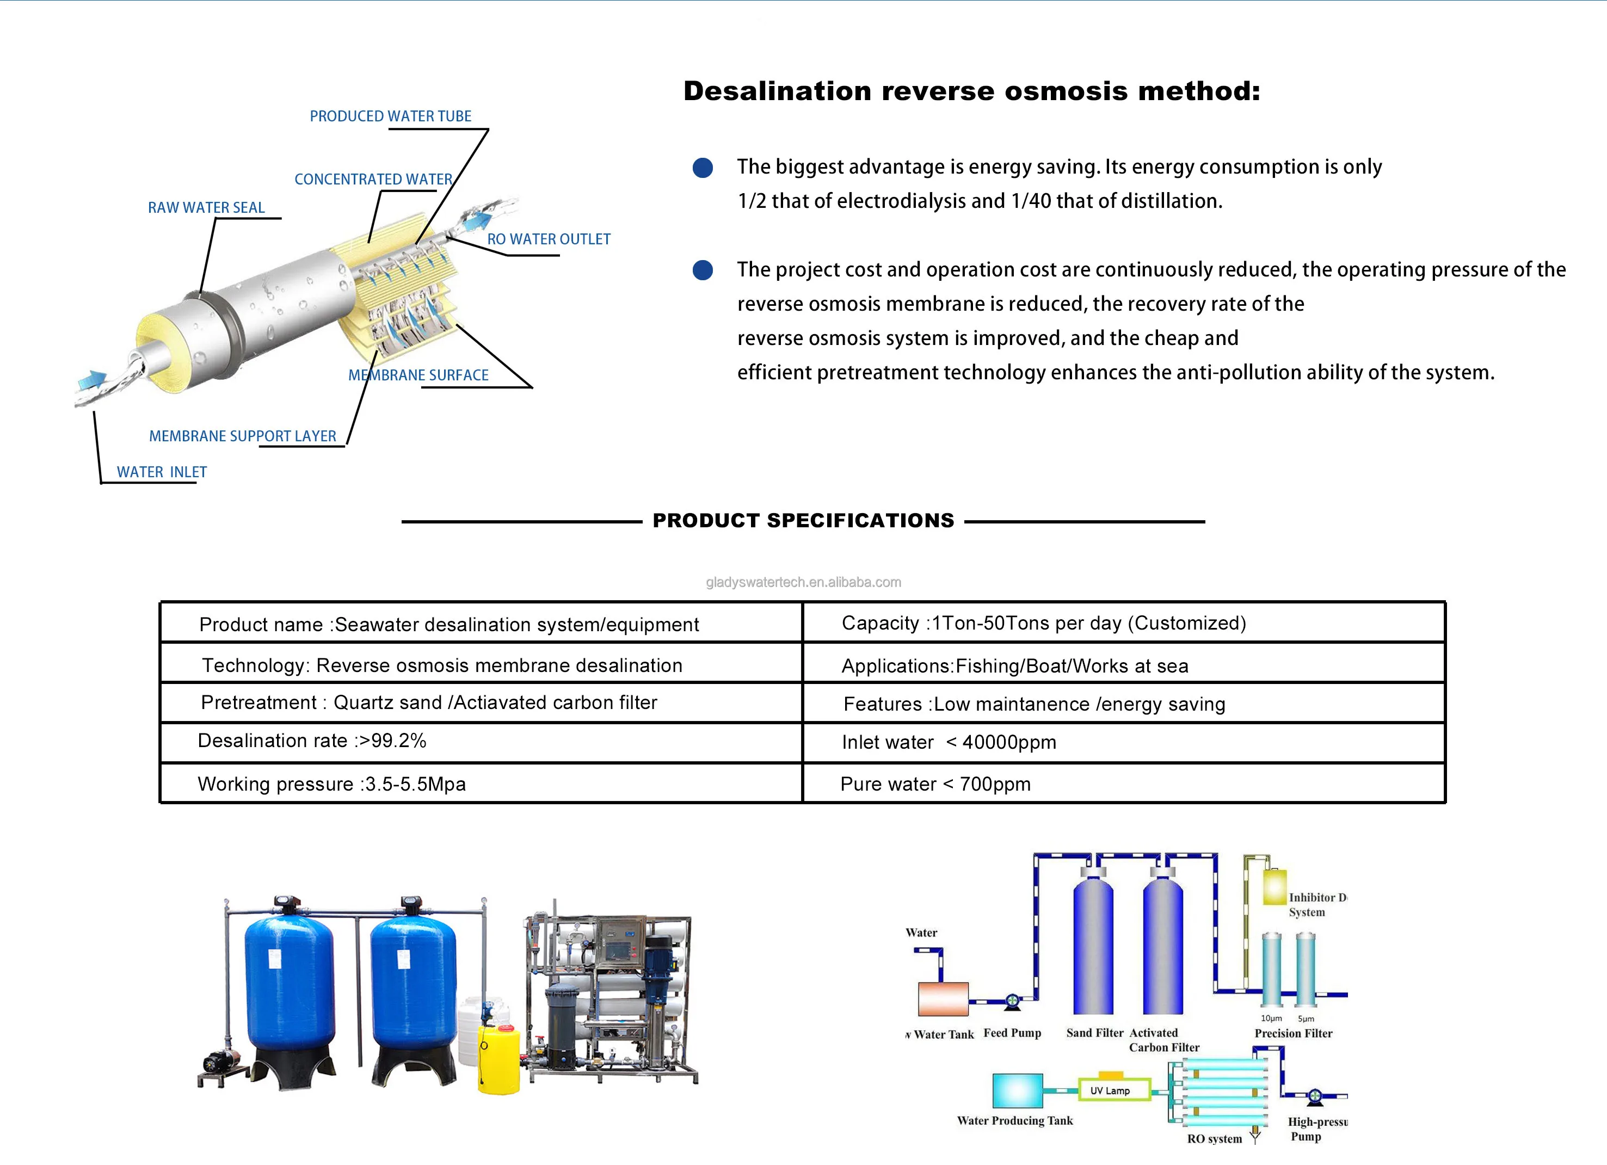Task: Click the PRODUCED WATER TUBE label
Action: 390,116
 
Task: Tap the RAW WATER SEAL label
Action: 206,208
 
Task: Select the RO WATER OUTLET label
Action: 549,239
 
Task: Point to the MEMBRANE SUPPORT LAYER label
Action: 242,436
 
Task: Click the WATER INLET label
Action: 162,472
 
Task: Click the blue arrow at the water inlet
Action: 91,380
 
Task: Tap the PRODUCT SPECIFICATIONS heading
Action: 803,520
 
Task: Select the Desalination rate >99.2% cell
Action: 312,741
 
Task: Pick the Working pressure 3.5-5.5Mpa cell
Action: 331,784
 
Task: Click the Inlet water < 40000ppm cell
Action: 949,742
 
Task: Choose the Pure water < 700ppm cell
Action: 935,784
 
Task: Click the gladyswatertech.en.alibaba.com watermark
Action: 803,582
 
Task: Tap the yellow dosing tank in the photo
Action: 499,1059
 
